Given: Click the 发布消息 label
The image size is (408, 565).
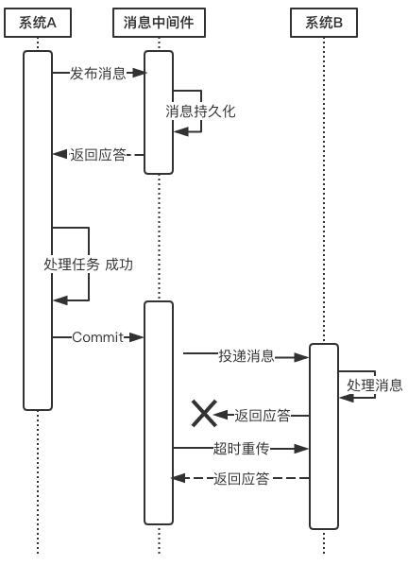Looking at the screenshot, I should click(x=97, y=74).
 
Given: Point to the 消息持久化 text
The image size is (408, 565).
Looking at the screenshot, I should click(x=200, y=111).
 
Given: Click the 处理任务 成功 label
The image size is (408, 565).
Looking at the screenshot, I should click(x=88, y=265).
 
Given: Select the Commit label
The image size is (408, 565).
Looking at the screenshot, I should click(x=97, y=337).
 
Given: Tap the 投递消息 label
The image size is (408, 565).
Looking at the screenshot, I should click(x=246, y=356).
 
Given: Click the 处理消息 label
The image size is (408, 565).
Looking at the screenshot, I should click(x=374, y=385).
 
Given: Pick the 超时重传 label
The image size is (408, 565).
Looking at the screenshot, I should click(x=241, y=448).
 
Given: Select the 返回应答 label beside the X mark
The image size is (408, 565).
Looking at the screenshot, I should click(x=262, y=415).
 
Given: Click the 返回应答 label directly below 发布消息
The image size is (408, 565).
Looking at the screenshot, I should click(x=97, y=154).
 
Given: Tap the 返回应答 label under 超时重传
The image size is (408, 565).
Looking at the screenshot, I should click(x=241, y=479).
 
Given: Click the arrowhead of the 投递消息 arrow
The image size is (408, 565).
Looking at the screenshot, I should click(x=303, y=357).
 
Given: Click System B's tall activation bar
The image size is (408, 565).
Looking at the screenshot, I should click(x=324, y=435).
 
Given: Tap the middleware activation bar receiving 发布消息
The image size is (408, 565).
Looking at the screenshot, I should click(x=159, y=111).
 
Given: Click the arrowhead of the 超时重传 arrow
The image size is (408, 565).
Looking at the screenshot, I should click(x=303, y=448).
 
